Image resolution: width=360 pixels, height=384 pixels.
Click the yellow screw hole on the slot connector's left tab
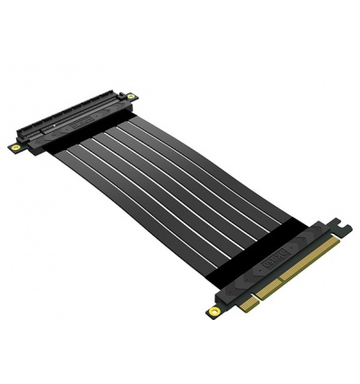click(16, 144)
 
